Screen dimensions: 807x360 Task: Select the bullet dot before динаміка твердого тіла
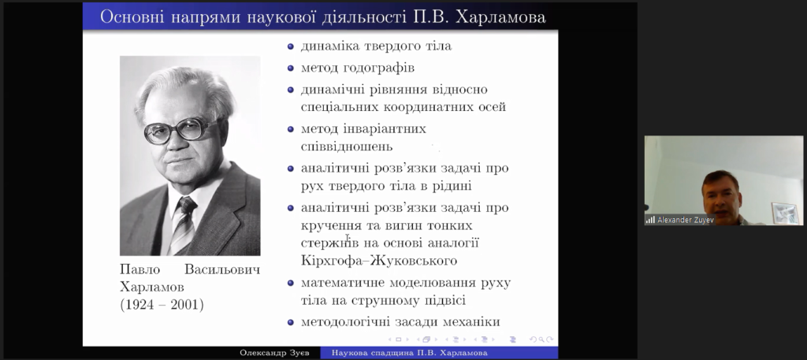(291, 46)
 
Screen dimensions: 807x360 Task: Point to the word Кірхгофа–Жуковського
(379, 261)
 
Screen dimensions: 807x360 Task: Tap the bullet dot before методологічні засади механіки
(291, 322)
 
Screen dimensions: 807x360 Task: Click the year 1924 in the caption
(140, 305)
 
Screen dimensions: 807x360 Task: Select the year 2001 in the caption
(184, 305)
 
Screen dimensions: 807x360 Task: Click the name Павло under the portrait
(140, 270)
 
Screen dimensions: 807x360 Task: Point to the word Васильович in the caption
(222, 270)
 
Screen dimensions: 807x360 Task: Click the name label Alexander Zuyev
(686, 220)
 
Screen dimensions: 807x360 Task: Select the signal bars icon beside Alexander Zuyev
(650, 220)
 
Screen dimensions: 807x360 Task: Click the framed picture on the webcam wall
(785, 213)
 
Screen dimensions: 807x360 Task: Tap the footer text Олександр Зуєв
(273, 353)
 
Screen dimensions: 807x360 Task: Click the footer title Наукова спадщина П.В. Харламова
(409, 353)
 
